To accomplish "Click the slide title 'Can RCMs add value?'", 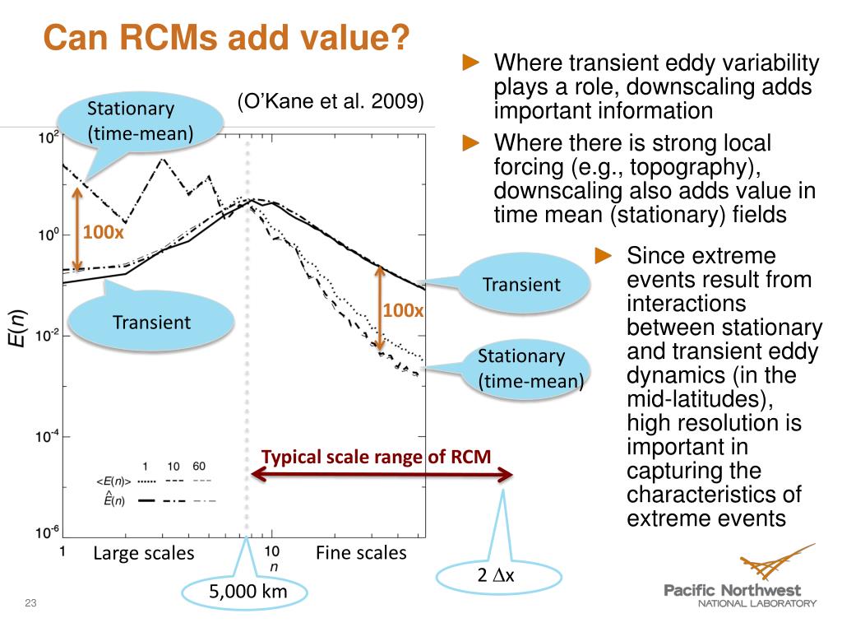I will coord(225,37).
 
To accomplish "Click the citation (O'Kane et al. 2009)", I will coord(331,101).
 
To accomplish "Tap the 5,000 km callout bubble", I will coord(246,592).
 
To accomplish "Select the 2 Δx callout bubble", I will coord(496,576).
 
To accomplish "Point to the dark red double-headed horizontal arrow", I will coord(382,474).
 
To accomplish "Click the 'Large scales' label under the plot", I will coord(144,553).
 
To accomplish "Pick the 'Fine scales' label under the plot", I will coord(361,553).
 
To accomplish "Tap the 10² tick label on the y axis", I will coord(49,137).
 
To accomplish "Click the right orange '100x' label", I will coord(403,310).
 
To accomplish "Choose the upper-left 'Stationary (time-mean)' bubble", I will coord(140,120).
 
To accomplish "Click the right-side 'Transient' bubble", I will coord(521,285).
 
